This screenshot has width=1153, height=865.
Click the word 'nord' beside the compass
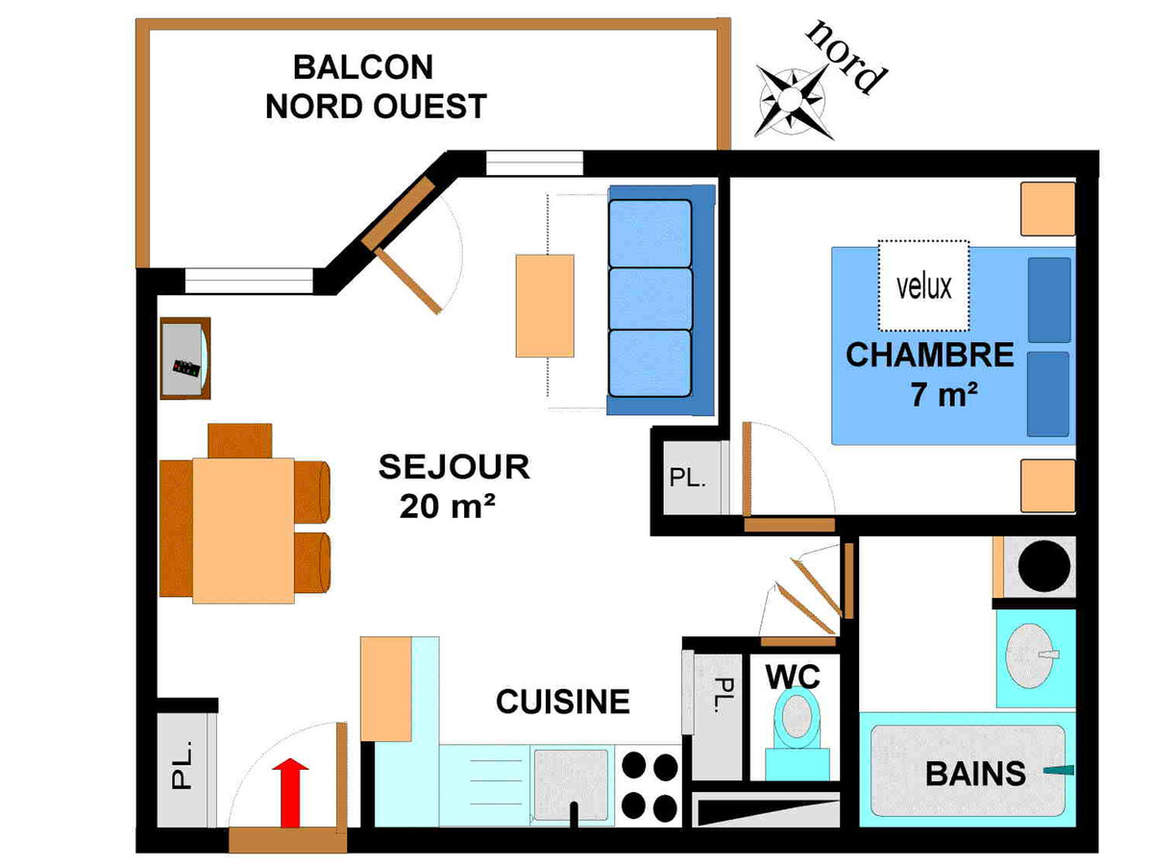[846, 58]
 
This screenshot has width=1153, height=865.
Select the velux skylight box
[923, 285]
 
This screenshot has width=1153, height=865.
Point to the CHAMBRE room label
[930, 355]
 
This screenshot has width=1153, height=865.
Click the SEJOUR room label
[454, 467]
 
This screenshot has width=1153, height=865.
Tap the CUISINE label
[563, 702]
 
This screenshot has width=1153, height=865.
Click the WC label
[793, 678]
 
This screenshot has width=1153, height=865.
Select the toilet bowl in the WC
[797, 717]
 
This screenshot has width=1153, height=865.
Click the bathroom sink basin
[1029, 656]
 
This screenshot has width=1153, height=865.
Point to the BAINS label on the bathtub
[975, 774]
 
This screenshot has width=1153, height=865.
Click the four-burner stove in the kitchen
[650, 786]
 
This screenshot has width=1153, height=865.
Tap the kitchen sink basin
[571, 784]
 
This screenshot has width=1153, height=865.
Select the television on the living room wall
[185, 358]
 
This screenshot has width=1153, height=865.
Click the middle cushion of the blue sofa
[650, 299]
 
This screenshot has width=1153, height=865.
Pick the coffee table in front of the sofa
[545, 306]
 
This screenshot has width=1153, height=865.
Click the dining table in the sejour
[243, 531]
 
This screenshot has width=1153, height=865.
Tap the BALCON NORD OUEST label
[376, 86]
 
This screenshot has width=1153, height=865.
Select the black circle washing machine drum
[1043, 566]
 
